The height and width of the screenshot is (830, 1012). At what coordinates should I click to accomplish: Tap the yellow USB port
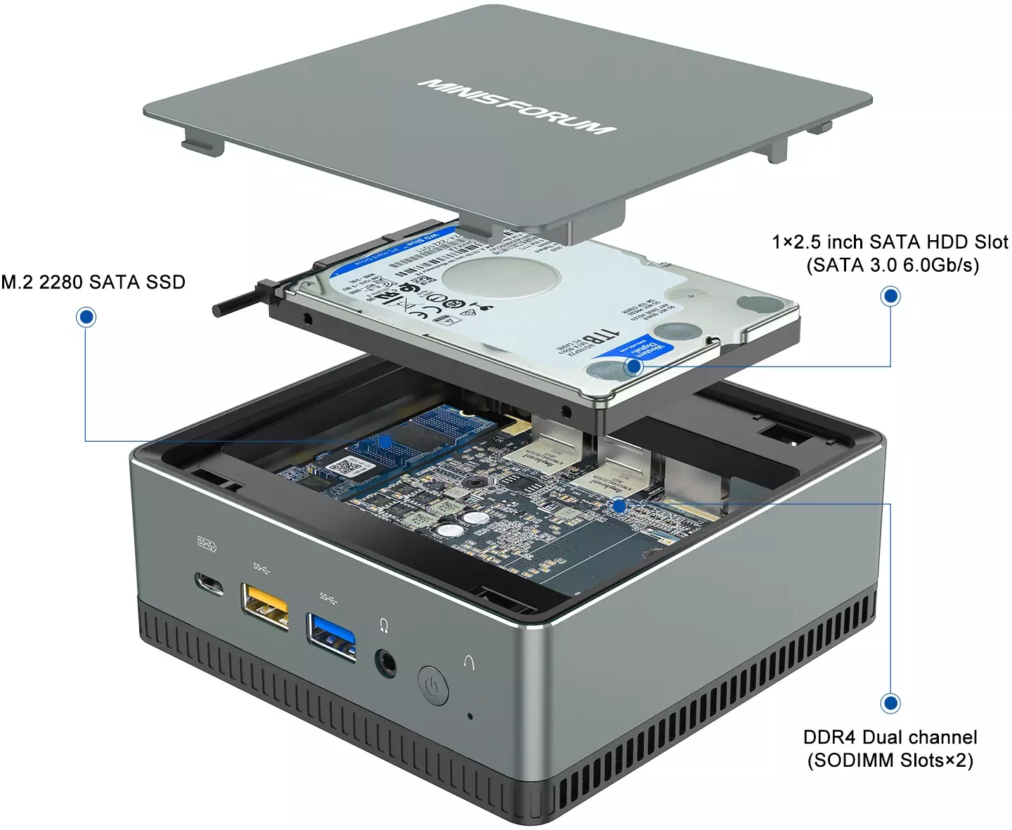pyautogui.click(x=265, y=606)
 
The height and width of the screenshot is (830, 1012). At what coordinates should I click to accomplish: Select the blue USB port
pyautogui.click(x=331, y=637)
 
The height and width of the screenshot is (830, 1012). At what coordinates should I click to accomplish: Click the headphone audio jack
pyautogui.click(x=385, y=662)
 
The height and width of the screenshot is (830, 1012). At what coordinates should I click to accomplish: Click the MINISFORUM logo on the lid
pyautogui.click(x=517, y=106)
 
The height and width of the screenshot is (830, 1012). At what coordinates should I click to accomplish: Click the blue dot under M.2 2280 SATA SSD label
pyautogui.click(x=86, y=317)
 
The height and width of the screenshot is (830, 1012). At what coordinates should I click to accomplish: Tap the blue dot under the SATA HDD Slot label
pyautogui.click(x=890, y=296)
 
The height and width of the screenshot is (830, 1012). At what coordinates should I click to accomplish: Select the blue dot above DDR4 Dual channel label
pyautogui.click(x=890, y=703)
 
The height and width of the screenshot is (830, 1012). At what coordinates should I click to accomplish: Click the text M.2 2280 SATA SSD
pyautogui.click(x=93, y=282)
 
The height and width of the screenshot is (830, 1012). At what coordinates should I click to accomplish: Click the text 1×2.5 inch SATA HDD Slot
pyautogui.click(x=890, y=242)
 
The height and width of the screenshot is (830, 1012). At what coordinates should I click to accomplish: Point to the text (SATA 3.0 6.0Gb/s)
pyautogui.click(x=892, y=265)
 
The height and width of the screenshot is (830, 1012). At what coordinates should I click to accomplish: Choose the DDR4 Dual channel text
pyautogui.click(x=890, y=737)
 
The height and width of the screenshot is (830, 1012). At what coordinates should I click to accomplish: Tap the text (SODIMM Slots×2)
pyautogui.click(x=890, y=760)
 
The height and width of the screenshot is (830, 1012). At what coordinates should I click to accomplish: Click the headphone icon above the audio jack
pyautogui.click(x=384, y=624)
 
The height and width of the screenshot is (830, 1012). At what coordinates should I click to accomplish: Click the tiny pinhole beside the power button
pyautogui.click(x=469, y=717)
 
